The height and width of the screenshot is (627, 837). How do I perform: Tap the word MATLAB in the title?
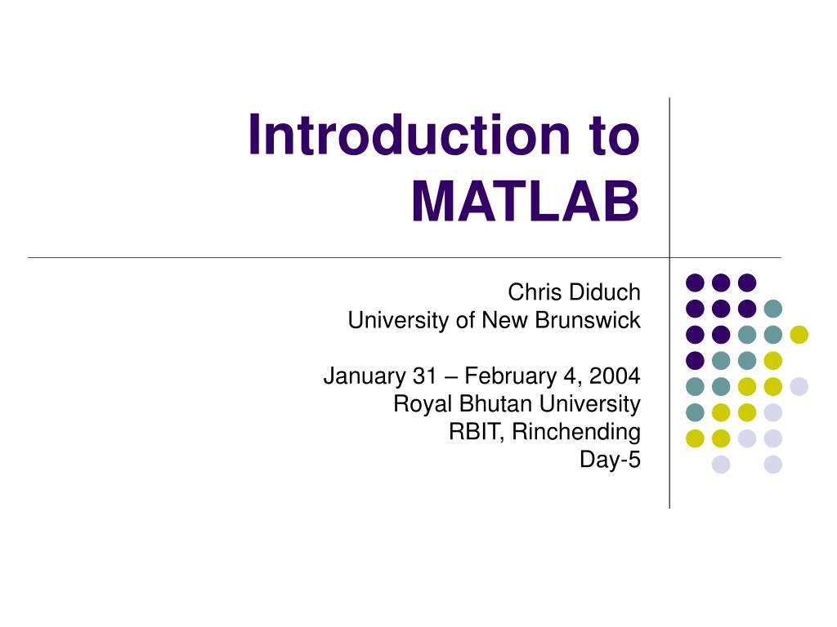[524, 202]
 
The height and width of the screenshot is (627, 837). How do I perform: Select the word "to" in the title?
[612, 136]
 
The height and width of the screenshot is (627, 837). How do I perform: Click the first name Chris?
[532, 292]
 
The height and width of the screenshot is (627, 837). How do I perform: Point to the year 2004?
[615, 376]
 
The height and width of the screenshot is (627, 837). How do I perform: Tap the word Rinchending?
[577, 432]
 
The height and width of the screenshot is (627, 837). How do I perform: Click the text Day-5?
[610, 460]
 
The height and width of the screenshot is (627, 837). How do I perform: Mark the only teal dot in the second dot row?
[772, 309]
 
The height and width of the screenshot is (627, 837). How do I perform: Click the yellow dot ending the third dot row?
[799, 334]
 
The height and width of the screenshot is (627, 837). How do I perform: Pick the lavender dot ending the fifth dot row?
[799, 386]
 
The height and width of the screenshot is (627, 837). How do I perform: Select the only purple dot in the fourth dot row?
[695, 360]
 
